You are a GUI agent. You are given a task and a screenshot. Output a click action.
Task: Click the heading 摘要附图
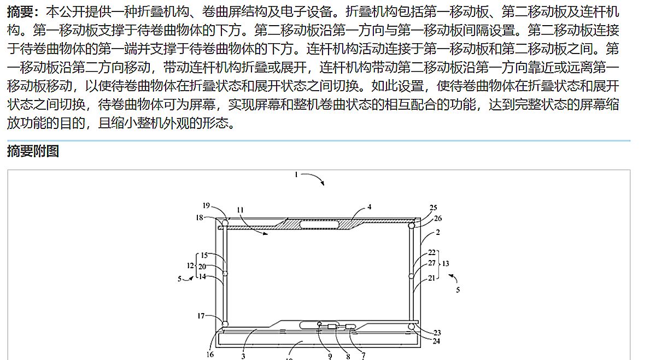point(33,151)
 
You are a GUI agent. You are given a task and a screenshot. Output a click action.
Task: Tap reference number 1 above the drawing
point(296,175)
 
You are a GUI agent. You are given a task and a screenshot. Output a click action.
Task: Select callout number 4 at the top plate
point(370,207)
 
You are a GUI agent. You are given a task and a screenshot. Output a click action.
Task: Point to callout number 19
point(206,206)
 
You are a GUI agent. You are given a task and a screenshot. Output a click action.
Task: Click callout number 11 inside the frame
point(241,210)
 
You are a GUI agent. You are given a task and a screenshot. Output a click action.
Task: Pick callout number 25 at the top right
point(434,208)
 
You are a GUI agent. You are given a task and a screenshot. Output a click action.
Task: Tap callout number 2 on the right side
point(438,232)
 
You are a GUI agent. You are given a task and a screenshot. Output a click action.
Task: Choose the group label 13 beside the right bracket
point(446,263)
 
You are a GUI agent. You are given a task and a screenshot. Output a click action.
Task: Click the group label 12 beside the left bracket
point(190,265)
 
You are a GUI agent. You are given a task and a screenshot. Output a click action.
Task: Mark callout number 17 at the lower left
point(201,316)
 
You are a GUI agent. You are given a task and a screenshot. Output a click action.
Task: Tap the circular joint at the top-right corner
point(412,224)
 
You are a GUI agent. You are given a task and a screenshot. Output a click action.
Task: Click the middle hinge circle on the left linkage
point(224,272)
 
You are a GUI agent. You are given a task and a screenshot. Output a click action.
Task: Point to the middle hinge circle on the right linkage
point(411,276)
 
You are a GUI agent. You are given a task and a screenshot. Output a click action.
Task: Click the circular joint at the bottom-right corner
point(411,327)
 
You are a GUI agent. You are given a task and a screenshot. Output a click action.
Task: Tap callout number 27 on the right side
point(432,263)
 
